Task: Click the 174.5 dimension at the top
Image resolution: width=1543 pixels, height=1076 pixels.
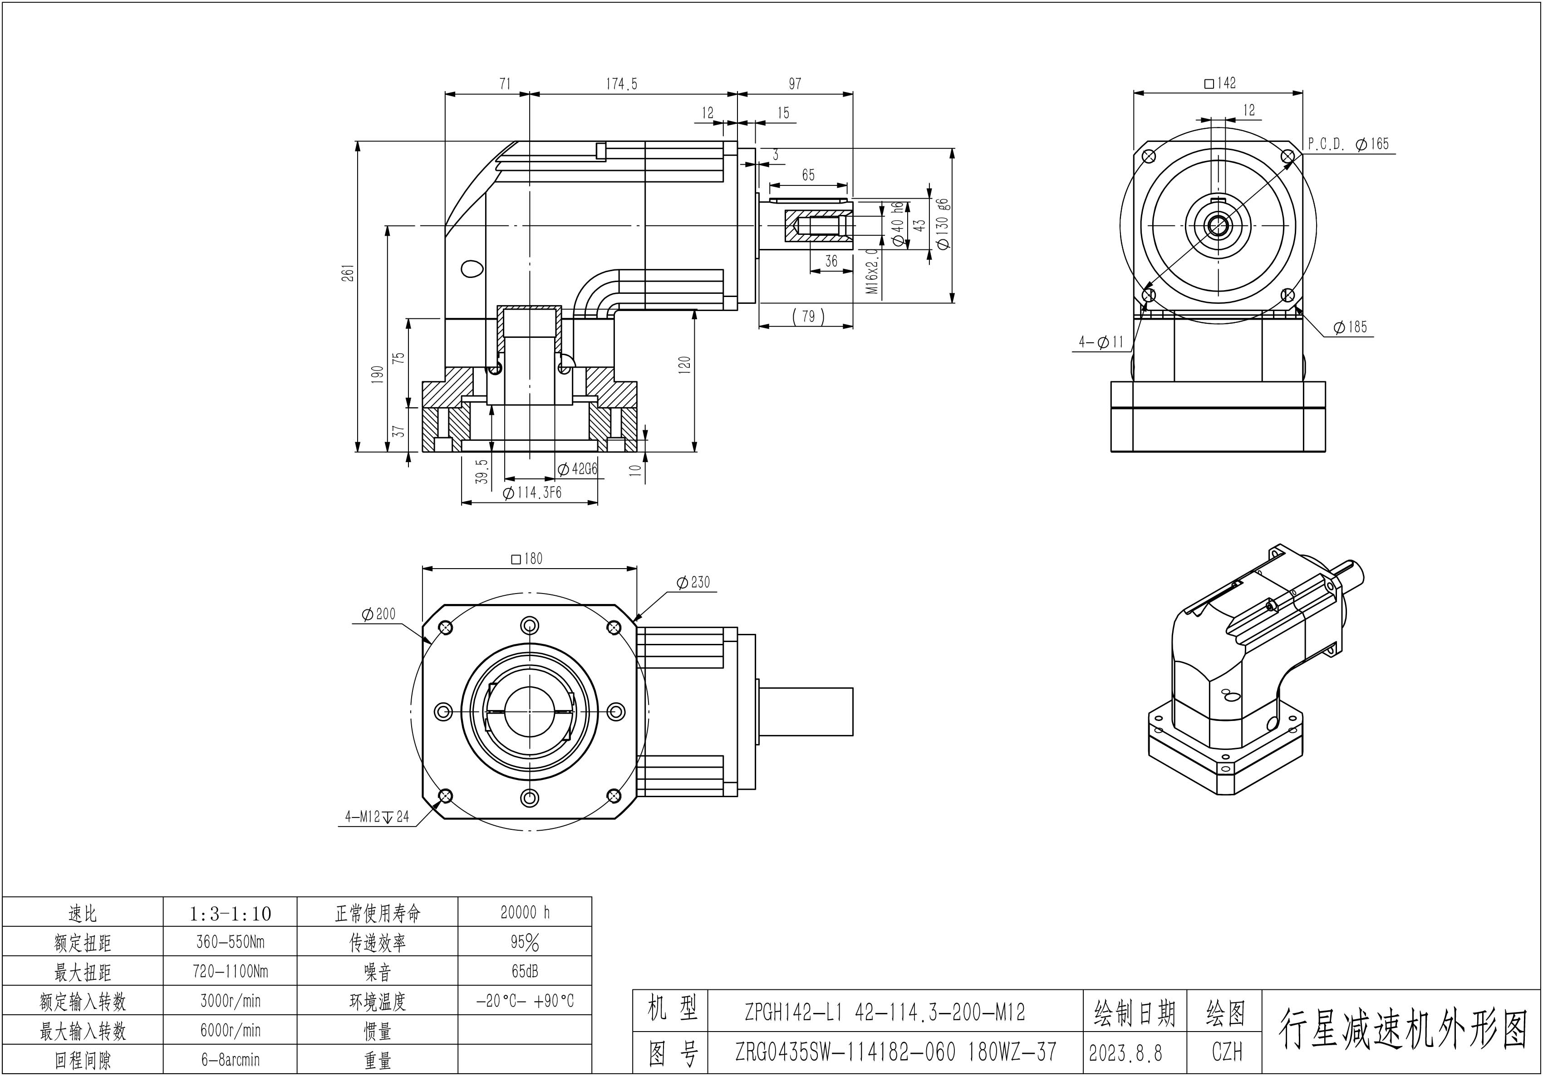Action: pyautogui.click(x=622, y=84)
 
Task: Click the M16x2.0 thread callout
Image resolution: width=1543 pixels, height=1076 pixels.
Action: pyautogui.click(x=872, y=271)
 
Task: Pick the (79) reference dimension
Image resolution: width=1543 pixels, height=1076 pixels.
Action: pyautogui.click(x=808, y=316)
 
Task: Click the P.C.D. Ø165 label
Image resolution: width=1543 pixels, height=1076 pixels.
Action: pyautogui.click(x=1348, y=144)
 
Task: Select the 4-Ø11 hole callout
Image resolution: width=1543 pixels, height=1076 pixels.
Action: pyautogui.click(x=1101, y=342)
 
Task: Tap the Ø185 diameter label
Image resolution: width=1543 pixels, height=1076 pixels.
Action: pyautogui.click(x=1351, y=327)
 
